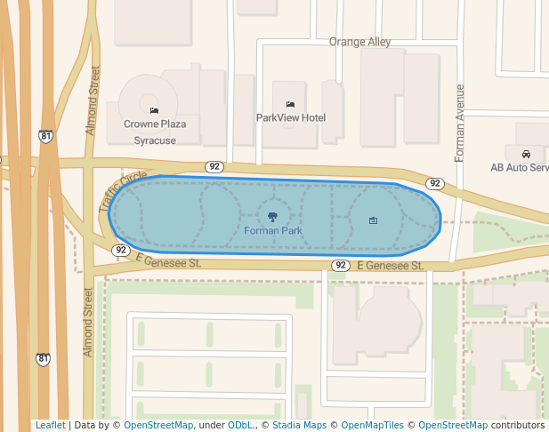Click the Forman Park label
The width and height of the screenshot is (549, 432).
(x=273, y=231)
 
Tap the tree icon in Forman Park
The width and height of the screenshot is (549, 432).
(x=273, y=216)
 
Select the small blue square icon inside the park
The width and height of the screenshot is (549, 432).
(x=373, y=220)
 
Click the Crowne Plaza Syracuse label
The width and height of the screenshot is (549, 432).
(x=155, y=132)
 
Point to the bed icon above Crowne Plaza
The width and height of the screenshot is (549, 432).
(x=155, y=110)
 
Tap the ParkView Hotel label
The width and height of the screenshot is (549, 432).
(x=291, y=117)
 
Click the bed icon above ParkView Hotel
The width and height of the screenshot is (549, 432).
(x=290, y=105)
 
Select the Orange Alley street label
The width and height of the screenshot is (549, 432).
(x=359, y=42)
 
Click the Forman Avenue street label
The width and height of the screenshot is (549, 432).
(x=460, y=123)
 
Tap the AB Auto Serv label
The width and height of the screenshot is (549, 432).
(x=520, y=167)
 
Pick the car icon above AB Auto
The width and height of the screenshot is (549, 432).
(x=527, y=154)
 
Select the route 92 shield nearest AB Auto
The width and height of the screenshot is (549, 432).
(x=434, y=184)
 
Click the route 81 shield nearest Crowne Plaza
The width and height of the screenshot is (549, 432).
(x=45, y=136)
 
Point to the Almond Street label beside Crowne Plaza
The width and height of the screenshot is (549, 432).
(x=92, y=100)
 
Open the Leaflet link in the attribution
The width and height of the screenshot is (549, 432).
(x=51, y=425)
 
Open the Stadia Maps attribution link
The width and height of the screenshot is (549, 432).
(x=298, y=425)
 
